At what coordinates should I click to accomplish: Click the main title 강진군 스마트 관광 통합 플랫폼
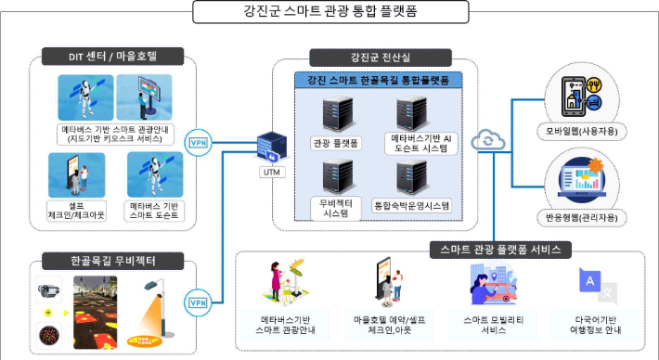(329, 12)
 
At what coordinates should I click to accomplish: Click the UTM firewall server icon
(271, 148)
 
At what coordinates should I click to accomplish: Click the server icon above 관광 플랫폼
(334, 114)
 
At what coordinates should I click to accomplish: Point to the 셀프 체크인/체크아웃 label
(74, 209)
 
